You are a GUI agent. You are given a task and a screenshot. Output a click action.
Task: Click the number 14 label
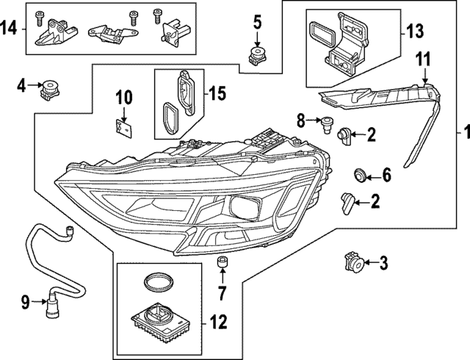(x=10, y=29)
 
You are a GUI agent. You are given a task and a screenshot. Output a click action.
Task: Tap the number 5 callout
(x=257, y=21)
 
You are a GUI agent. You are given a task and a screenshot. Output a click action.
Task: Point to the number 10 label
(x=123, y=96)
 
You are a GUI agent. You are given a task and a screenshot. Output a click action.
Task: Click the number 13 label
(x=415, y=33)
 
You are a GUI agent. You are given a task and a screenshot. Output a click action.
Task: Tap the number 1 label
(x=461, y=133)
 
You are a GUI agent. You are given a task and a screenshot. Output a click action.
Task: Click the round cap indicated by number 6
(x=360, y=175)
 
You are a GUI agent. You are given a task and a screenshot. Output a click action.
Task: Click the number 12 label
(x=218, y=320)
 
